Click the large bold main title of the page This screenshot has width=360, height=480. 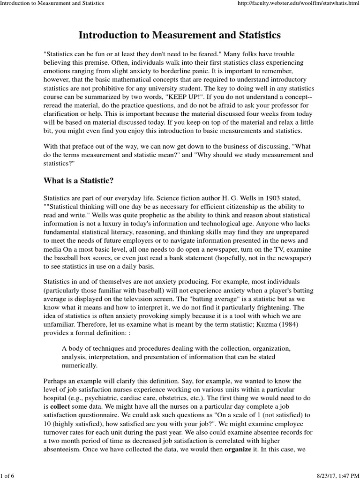(x=180, y=35)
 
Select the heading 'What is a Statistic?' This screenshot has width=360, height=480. (x=78, y=181)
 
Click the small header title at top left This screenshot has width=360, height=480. (x=52, y=4)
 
